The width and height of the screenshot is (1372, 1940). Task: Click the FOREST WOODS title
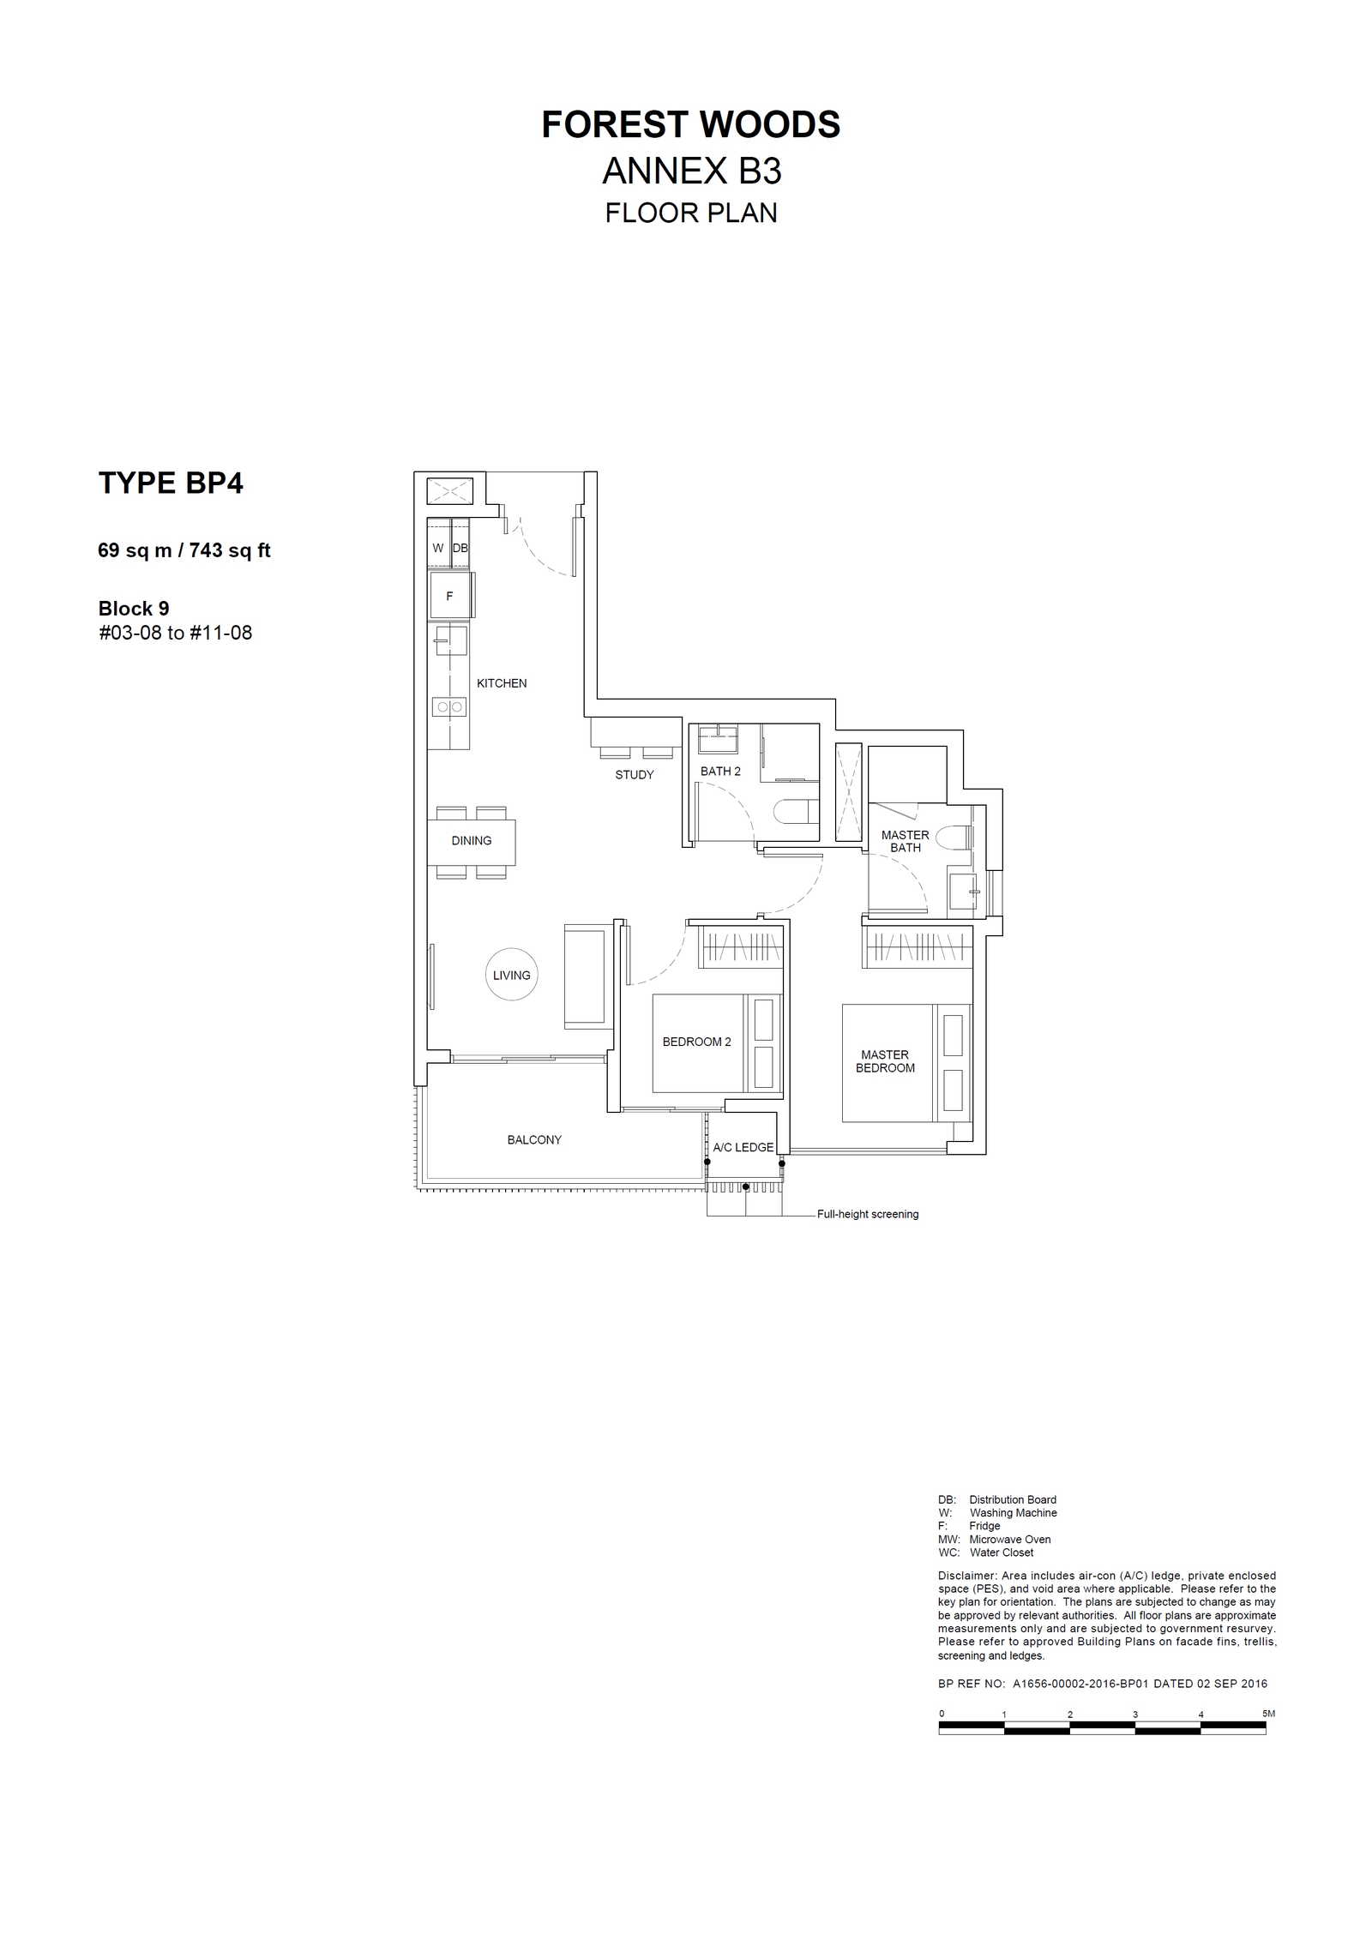[x=691, y=125]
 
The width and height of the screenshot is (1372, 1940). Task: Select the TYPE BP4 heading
[x=171, y=483]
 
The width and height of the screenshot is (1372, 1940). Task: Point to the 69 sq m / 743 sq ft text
[x=184, y=550]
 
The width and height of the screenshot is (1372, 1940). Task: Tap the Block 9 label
[x=134, y=609]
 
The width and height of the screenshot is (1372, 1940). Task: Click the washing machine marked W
[x=438, y=547]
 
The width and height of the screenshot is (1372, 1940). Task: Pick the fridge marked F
[x=449, y=596]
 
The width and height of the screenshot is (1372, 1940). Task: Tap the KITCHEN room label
[x=502, y=683]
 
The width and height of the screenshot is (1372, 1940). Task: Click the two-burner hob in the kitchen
[x=449, y=707]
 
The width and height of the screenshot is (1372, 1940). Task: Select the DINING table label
[x=472, y=841]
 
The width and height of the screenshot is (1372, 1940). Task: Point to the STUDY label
[x=635, y=775]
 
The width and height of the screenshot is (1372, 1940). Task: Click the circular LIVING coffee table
[x=512, y=975]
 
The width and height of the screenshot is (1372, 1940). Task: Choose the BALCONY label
[x=534, y=1139]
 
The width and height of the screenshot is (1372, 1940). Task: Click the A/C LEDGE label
[x=743, y=1147]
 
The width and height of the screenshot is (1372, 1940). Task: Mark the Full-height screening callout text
[x=868, y=1214]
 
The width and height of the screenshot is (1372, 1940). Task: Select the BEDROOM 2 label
[x=697, y=1042]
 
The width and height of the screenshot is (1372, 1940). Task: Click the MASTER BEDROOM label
[x=885, y=1061]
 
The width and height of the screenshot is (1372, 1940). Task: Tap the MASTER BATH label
[x=906, y=841]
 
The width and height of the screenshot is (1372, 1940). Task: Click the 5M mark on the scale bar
[x=1268, y=1714]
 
